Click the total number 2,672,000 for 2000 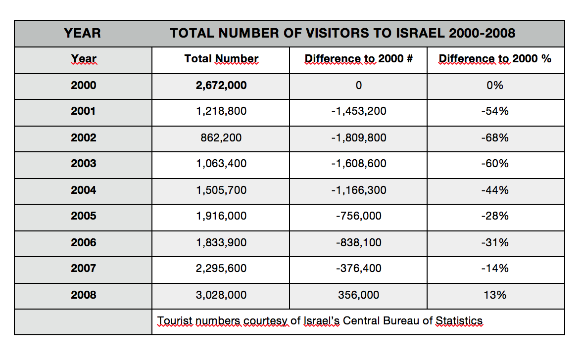click(x=221, y=86)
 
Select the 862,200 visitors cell click(x=221, y=137)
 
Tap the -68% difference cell click(x=494, y=137)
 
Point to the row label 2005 click(x=83, y=216)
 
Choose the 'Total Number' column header click(x=221, y=59)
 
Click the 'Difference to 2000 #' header click(x=358, y=59)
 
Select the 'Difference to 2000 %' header click(x=494, y=59)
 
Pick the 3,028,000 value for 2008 click(x=221, y=295)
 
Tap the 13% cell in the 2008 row click(x=494, y=295)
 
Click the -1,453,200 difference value click(x=358, y=111)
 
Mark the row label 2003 click(x=83, y=164)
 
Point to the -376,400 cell click(x=358, y=269)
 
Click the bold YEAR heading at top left click(x=82, y=33)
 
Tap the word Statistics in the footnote click(x=459, y=320)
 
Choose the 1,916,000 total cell click(x=221, y=216)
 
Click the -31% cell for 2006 click(x=494, y=242)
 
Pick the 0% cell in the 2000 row click(x=494, y=86)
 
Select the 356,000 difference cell click(x=358, y=295)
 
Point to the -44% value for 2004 click(x=494, y=190)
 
